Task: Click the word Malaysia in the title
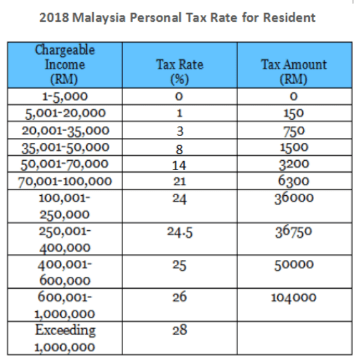99,18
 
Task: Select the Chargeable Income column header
65,65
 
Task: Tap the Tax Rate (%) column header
180,72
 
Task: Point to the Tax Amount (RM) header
294,72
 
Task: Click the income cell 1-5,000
65,97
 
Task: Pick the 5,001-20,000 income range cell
65,114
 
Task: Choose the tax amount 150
293,114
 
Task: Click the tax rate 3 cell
180,131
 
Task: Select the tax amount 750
294,131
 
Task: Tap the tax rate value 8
179,149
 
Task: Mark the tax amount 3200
294,164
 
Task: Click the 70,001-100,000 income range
65,181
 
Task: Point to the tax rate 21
180,181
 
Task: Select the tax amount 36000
294,198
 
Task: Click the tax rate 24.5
180,232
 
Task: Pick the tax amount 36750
293,232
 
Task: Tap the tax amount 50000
294,265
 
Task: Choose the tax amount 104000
293,297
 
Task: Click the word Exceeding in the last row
65,330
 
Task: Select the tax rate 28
180,330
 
